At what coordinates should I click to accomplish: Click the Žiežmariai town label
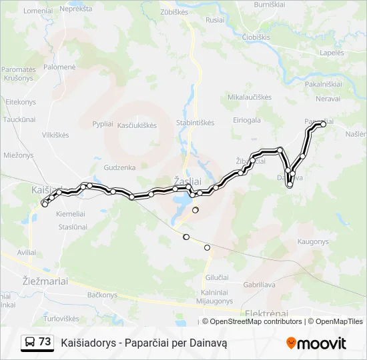(x=45, y=281)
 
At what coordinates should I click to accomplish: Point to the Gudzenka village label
(x=120, y=167)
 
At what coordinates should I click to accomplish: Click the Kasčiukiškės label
(x=137, y=125)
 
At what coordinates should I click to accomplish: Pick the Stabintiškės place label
(x=195, y=123)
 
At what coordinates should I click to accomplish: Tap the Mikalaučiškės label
(x=250, y=97)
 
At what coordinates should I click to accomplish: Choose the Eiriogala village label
(x=247, y=120)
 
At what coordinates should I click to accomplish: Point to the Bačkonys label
(x=103, y=294)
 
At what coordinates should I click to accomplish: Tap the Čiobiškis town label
(x=256, y=37)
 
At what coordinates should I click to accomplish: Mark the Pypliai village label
(x=103, y=124)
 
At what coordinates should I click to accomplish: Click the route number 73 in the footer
(x=45, y=342)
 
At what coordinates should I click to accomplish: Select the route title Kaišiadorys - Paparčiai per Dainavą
(x=144, y=343)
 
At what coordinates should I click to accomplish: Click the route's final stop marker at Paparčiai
(x=323, y=124)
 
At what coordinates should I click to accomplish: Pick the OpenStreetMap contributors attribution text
(x=256, y=321)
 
